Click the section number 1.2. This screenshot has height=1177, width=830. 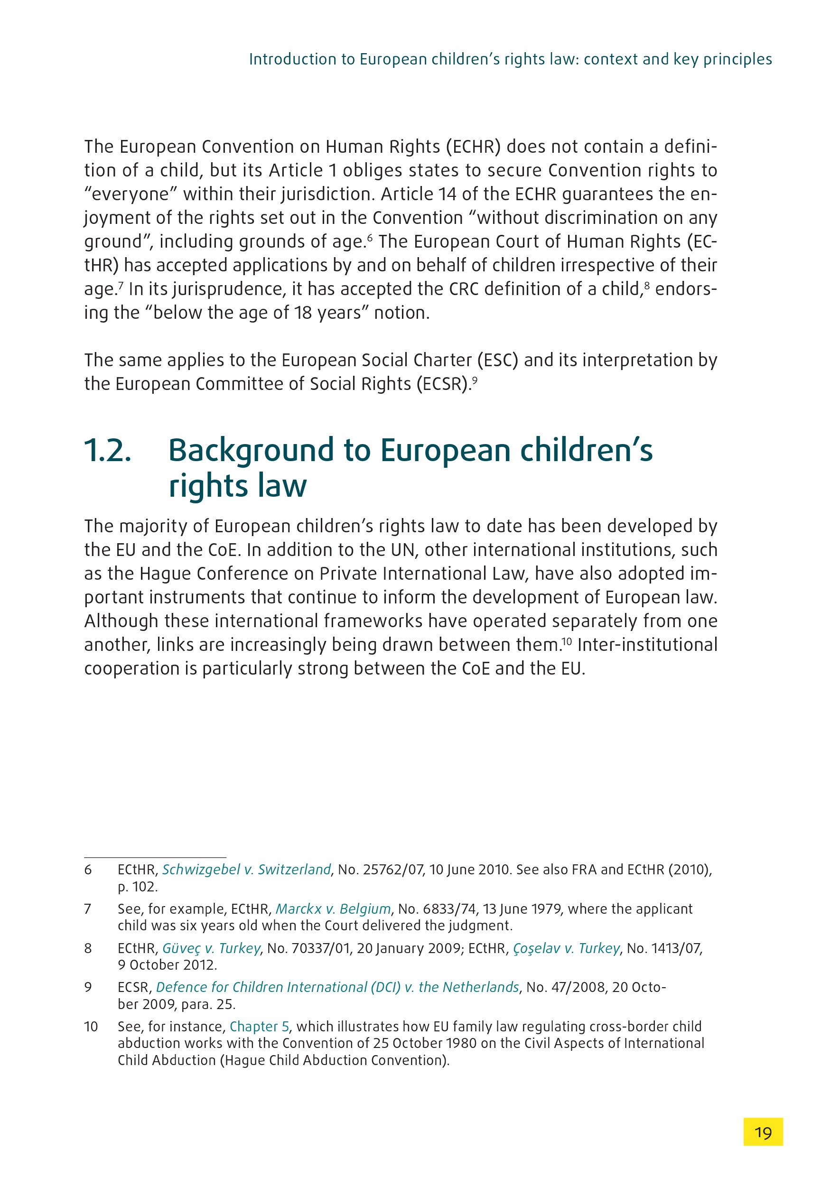click(108, 451)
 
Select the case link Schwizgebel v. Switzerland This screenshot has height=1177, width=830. click(246, 870)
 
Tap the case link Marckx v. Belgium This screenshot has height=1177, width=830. click(333, 909)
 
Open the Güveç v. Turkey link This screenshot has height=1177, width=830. click(211, 948)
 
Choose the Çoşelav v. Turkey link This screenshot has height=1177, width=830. click(567, 948)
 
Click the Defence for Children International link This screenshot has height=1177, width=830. click(337, 987)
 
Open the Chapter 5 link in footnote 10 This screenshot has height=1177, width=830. click(260, 1027)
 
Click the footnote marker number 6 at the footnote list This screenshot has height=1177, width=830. click(88, 870)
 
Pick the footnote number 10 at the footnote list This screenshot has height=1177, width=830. click(91, 1027)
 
